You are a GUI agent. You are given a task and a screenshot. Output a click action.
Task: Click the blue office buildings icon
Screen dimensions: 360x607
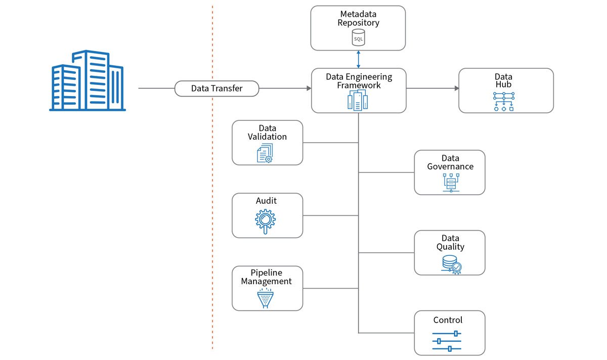pos(87,80)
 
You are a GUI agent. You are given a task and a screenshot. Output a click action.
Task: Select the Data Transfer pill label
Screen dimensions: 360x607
pos(216,88)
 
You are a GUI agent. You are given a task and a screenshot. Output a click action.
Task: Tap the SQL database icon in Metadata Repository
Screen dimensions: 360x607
pos(358,37)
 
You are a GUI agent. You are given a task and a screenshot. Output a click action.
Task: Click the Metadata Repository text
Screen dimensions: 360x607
pos(358,18)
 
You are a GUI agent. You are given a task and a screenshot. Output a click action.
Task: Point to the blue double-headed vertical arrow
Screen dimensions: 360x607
pos(358,59)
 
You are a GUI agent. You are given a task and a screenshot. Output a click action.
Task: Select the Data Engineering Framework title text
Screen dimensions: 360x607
pos(358,81)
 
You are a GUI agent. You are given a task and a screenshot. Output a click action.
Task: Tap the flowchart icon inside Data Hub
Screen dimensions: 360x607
pos(503,102)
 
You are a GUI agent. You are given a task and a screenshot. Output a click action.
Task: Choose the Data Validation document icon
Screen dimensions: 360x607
pos(265,154)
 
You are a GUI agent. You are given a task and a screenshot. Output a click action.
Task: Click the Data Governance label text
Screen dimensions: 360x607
pos(450,162)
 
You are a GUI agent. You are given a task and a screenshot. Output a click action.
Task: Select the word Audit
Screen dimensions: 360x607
pos(267,201)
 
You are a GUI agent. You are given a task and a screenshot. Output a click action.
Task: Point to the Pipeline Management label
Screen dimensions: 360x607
pos(267,277)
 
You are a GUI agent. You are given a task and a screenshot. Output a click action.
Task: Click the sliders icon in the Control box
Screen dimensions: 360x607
pos(447,341)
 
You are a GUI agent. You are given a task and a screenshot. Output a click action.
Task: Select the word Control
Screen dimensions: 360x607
pos(448,320)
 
